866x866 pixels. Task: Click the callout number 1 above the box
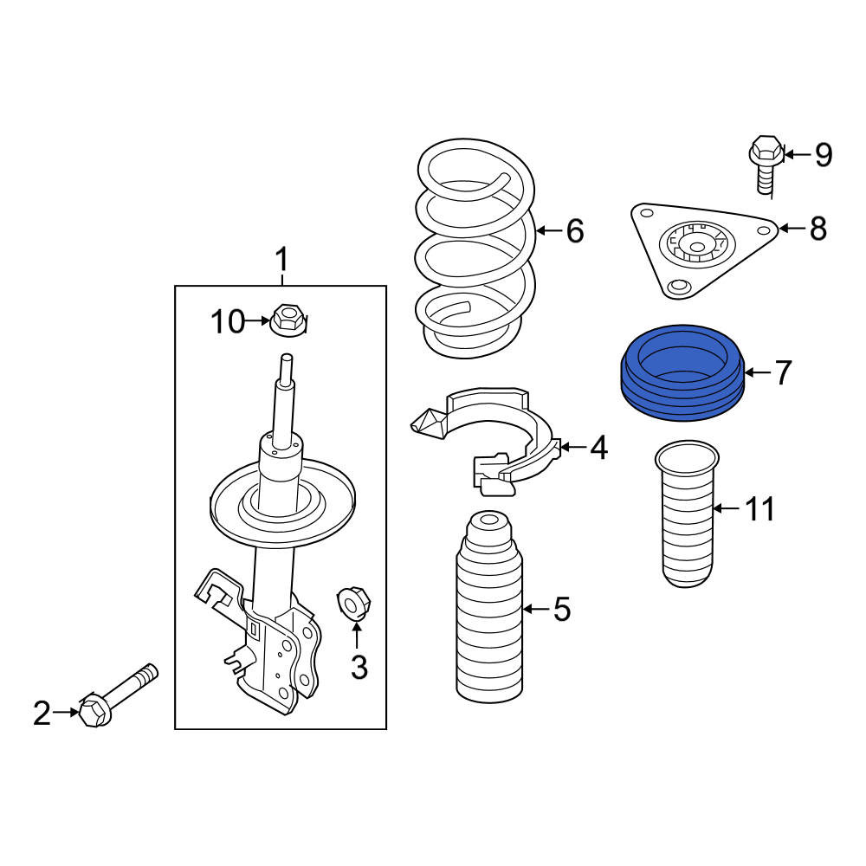coord(281,260)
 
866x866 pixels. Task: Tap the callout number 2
coord(42,713)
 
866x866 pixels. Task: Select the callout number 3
coord(359,667)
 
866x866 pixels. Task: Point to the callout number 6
coord(575,230)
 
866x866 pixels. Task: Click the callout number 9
coord(824,155)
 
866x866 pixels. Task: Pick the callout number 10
coord(228,321)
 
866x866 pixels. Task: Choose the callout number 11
coord(760,508)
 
